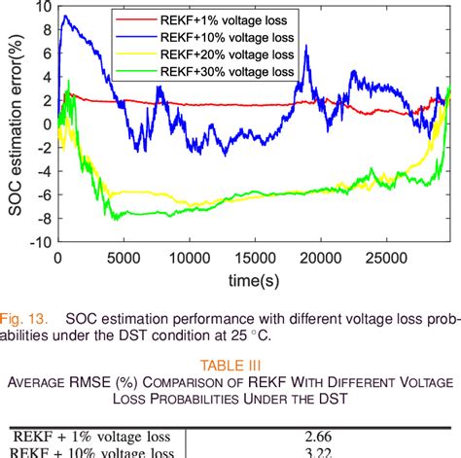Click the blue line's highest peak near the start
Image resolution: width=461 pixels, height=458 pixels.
[65, 17]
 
